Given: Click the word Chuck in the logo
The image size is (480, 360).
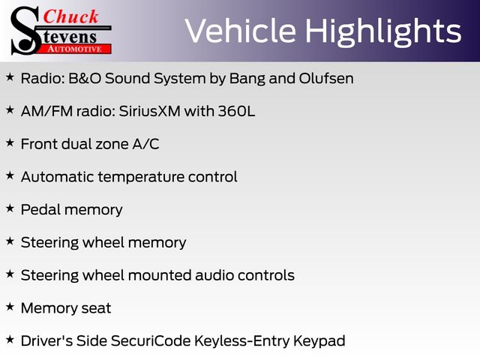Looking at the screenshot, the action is [x=70, y=16].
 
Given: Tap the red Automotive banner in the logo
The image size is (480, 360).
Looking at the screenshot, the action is [x=75, y=49].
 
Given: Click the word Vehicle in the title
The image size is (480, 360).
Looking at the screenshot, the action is [x=241, y=31].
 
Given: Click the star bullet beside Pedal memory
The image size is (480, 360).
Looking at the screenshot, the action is [x=10, y=208].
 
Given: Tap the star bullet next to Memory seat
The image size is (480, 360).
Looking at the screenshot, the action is [x=10, y=307].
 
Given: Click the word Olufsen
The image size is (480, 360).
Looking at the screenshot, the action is [x=326, y=78].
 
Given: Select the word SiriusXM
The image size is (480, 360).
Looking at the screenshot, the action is [x=150, y=111].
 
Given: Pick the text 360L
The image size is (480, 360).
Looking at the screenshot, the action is [x=236, y=111].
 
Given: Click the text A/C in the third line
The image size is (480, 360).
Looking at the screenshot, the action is [x=145, y=144].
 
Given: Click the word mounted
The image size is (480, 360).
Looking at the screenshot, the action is [x=160, y=275].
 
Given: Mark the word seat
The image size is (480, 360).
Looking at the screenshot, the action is [x=96, y=308].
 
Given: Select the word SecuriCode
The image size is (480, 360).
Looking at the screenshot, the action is [x=151, y=340].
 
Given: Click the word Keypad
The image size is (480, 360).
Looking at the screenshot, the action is [x=319, y=341].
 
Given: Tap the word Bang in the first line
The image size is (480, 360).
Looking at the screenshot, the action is [x=247, y=79].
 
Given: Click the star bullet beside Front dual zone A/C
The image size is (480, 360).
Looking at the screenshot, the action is [x=10, y=142].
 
